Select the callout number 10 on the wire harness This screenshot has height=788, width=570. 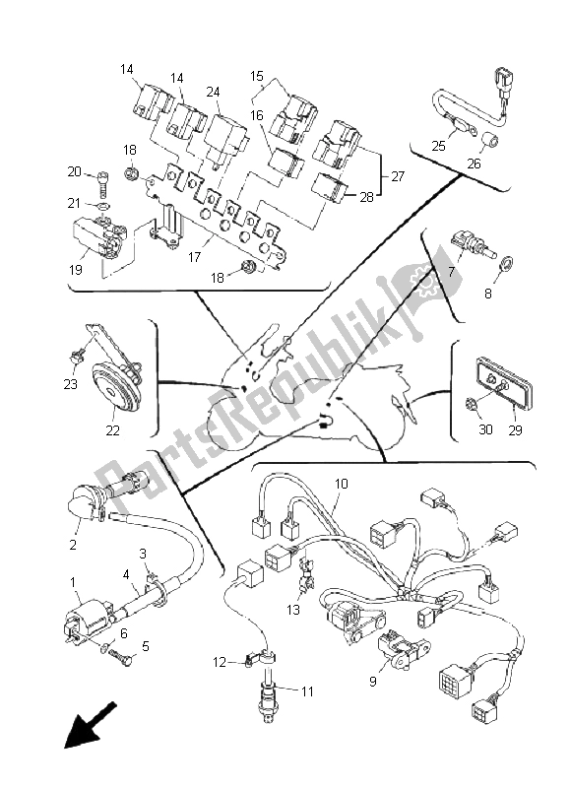click(x=341, y=484)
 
